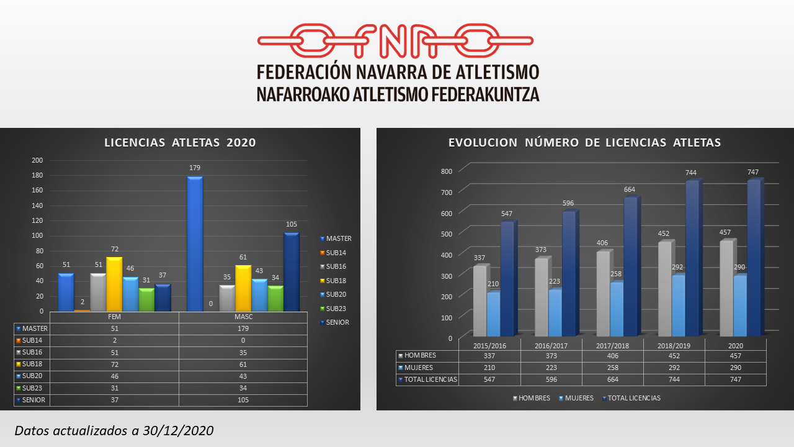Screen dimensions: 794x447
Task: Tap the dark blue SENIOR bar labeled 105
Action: (x=292, y=272)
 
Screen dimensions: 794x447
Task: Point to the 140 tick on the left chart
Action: (x=38, y=205)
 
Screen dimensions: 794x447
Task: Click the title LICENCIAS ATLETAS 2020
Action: (x=180, y=143)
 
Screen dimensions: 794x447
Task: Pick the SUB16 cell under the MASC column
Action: (x=243, y=353)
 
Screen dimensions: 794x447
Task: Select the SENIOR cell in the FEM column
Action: (x=114, y=400)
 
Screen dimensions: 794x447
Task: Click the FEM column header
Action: (x=114, y=317)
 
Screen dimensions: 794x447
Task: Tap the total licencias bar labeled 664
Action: (x=630, y=267)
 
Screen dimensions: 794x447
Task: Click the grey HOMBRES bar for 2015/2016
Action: (x=480, y=301)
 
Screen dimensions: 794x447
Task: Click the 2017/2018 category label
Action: (x=612, y=345)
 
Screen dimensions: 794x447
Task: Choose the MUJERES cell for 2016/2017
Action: (x=551, y=368)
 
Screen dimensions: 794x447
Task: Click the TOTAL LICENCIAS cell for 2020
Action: (x=735, y=379)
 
